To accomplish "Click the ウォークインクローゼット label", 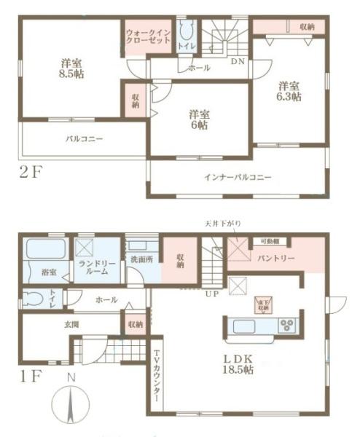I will pos(149,37).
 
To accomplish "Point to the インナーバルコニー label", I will pos(238,177).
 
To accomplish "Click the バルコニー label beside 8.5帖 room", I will pos(84,138).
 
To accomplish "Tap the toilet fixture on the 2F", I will pos(185,31).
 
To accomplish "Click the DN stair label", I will pos(238,62).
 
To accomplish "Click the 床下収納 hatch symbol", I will pos(261,305).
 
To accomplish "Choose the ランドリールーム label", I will pos(92,267).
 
